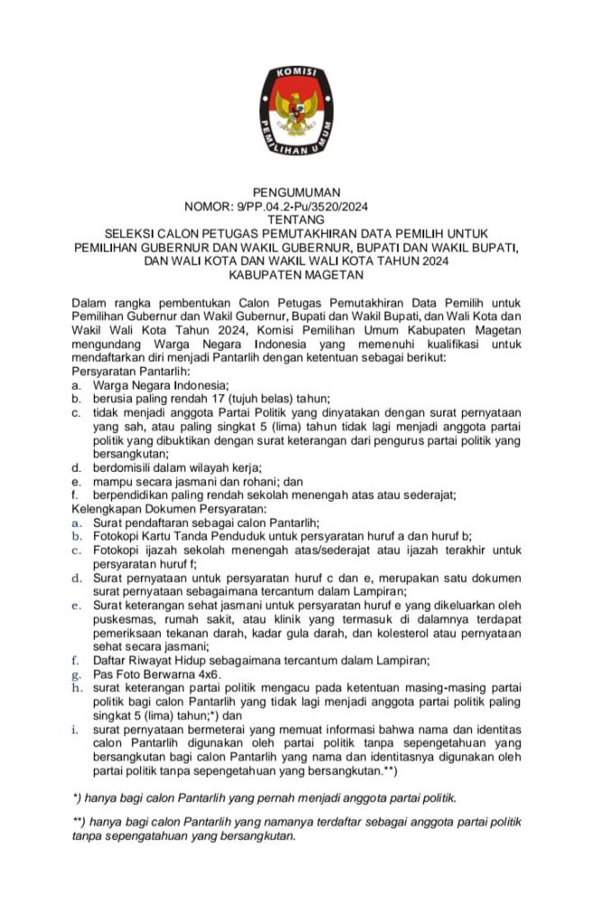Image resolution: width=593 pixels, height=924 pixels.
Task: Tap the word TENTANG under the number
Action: click(296, 219)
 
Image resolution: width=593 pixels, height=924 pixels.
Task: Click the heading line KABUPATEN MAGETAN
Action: click(296, 273)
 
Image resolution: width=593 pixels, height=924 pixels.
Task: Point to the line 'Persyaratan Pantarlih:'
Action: click(130, 371)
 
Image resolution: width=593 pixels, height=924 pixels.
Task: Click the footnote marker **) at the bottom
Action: click(79, 822)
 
